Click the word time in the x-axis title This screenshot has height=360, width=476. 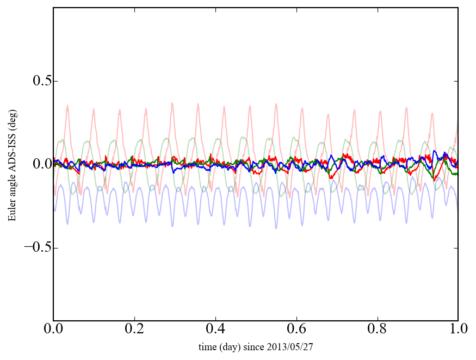[207, 346]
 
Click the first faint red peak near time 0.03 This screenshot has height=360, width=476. [67, 105]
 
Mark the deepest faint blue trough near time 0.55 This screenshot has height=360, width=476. [276, 228]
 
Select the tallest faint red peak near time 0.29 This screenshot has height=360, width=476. [172, 103]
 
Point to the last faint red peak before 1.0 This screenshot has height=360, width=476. [432, 114]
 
